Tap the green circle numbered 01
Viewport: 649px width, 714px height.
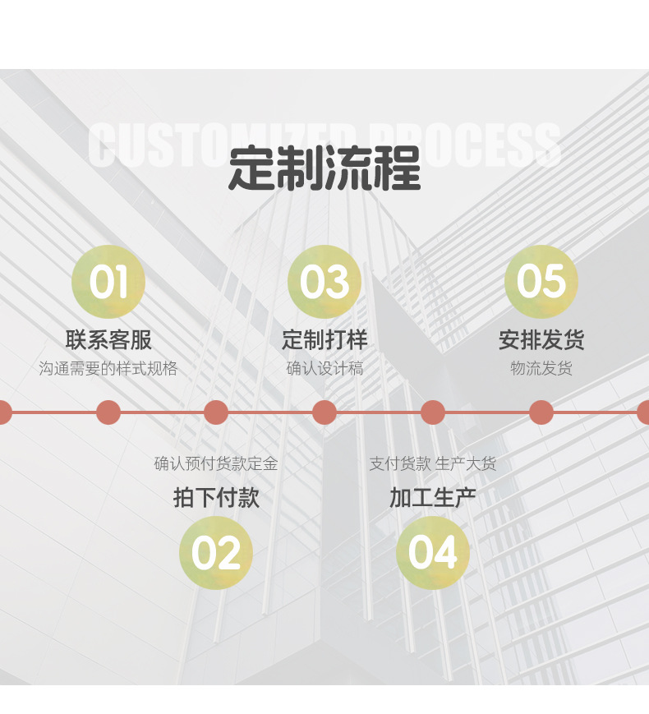pyautogui.click(x=108, y=282)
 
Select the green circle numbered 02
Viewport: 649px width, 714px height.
pyautogui.click(x=216, y=553)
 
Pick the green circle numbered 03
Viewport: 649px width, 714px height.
pyautogui.click(x=324, y=282)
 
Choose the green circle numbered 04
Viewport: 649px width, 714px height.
pyautogui.click(x=433, y=553)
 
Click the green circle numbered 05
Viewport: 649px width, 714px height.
pyautogui.click(x=541, y=282)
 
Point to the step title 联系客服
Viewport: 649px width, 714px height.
pyautogui.click(x=108, y=339)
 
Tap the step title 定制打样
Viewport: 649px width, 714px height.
pyautogui.click(x=324, y=339)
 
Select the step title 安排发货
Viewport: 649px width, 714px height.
pyautogui.click(x=541, y=339)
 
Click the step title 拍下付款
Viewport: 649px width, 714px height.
pyautogui.click(x=216, y=497)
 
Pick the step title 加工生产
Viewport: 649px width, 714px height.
pyautogui.click(x=433, y=497)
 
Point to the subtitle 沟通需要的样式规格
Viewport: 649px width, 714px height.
pyautogui.click(x=108, y=368)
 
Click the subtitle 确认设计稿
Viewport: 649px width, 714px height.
pyautogui.click(x=324, y=368)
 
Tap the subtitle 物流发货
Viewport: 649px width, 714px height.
pyautogui.click(x=541, y=368)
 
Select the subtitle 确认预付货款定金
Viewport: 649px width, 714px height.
pyautogui.click(x=216, y=463)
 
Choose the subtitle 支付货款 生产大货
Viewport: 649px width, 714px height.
pyautogui.click(x=433, y=463)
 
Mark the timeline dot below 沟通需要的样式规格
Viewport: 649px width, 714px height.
pyautogui.click(x=108, y=412)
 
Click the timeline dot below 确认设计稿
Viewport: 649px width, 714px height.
pyautogui.click(x=324, y=412)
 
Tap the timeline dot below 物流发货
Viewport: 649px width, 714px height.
pyautogui.click(x=541, y=412)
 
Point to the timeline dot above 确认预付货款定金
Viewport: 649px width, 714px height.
pyautogui.click(x=216, y=412)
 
